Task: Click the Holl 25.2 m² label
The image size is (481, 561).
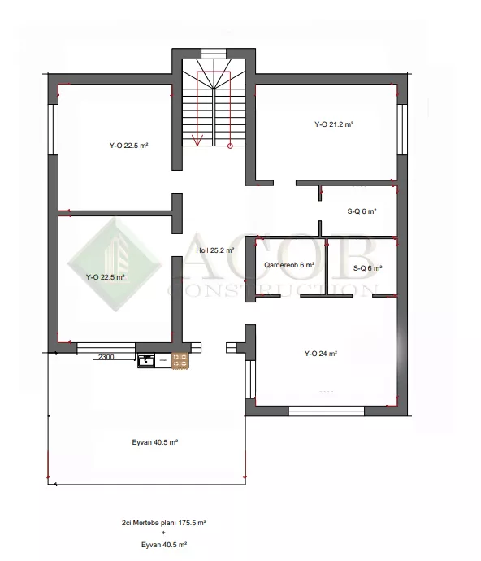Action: coord(215,250)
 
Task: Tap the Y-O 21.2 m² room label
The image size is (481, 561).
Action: coord(334,124)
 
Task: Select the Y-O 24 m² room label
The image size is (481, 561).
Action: coord(320,354)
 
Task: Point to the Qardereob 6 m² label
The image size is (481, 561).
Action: coord(289,265)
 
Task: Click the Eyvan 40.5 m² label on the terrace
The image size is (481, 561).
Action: coord(155,442)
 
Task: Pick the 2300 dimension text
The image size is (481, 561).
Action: coord(106,357)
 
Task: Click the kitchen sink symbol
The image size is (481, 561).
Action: coord(146,361)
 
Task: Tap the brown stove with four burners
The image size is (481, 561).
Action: coord(180,361)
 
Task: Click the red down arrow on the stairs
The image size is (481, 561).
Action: coord(197,140)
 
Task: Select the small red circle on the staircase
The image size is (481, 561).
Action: coord(230,146)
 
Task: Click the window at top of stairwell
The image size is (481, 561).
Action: coord(214,54)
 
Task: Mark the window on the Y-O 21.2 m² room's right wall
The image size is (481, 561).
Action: coord(402,129)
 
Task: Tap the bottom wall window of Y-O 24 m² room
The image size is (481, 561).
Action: coord(327,411)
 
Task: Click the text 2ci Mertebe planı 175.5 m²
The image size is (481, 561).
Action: coord(164,523)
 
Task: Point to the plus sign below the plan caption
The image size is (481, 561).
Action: coord(164,533)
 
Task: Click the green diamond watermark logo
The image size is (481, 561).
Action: coord(115,264)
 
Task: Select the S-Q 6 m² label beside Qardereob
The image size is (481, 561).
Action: coord(367,268)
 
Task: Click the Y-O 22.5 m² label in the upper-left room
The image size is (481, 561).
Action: coord(128,146)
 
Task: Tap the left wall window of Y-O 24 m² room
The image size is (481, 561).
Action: coord(251,379)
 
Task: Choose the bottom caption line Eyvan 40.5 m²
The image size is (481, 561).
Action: coord(164,545)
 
